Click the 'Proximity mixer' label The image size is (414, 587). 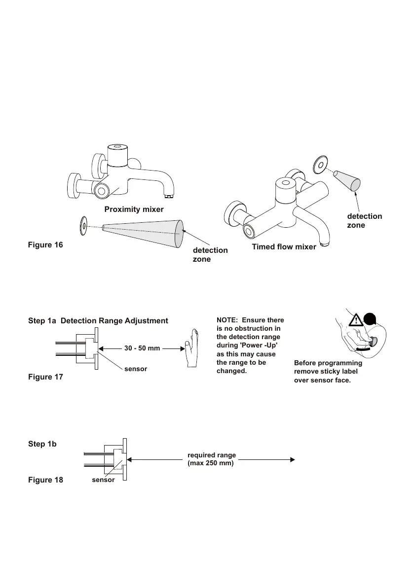(134, 209)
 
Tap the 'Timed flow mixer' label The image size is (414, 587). (284, 247)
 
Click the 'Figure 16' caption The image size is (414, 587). (45, 244)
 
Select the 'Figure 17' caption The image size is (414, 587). (45, 377)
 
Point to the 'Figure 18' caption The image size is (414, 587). (45, 480)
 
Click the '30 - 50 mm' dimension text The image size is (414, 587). (142, 348)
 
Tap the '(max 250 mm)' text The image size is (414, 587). (211, 463)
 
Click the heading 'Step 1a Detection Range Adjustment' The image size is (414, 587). (98, 321)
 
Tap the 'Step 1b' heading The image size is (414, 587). (42, 444)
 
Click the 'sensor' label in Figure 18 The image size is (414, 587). (103, 480)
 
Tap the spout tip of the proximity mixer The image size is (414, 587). (170, 195)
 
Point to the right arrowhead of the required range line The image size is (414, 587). (293, 459)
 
